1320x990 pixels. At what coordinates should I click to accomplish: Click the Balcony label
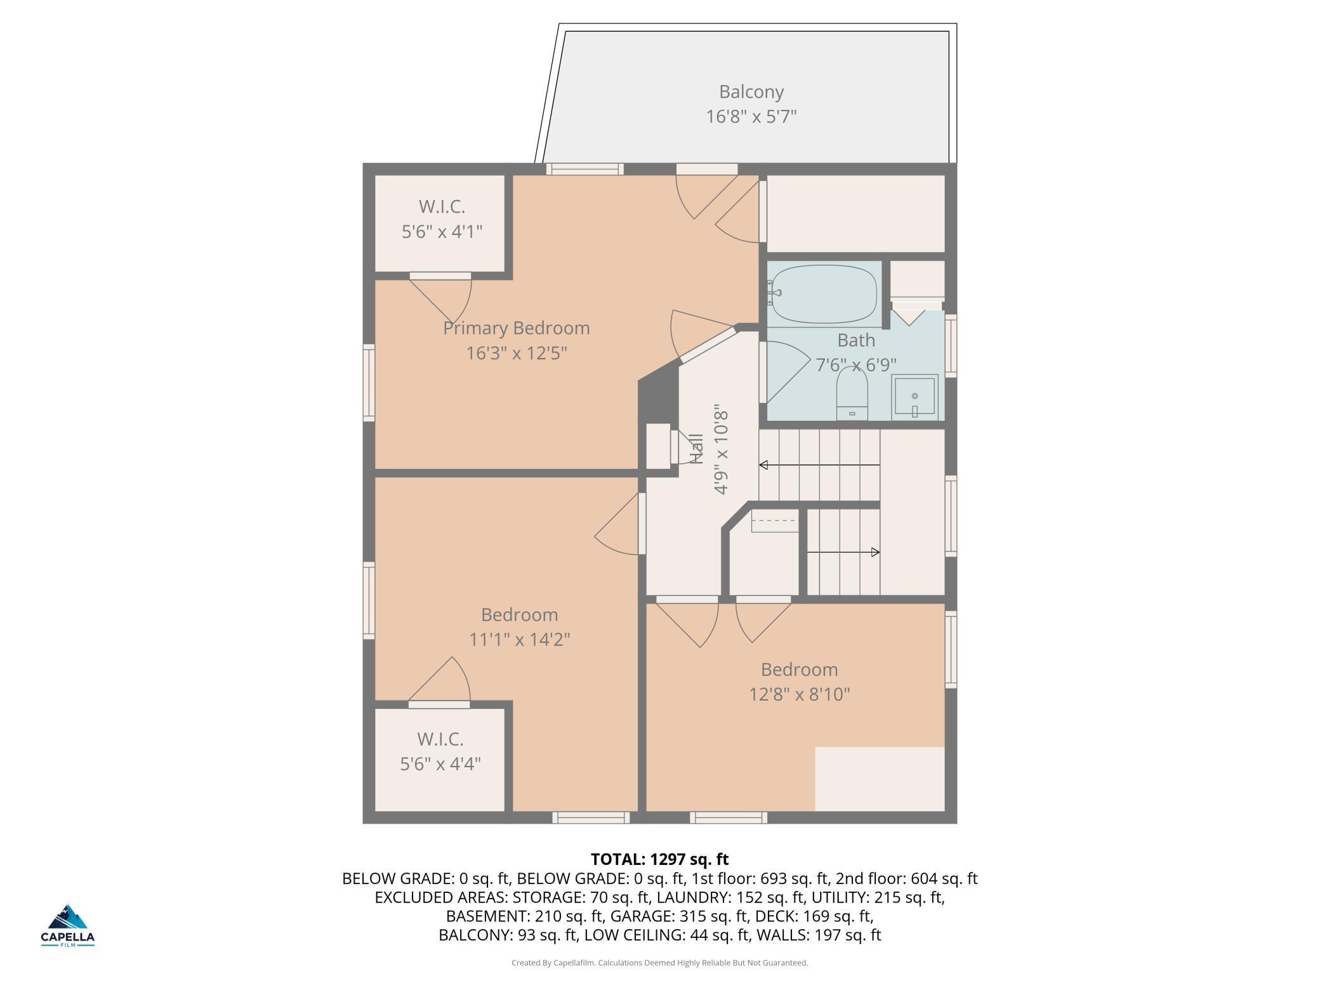pyautogui.click(x=751, y=92)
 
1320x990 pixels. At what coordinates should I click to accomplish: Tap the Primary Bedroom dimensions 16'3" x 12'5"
pyautogui.click(x=517, y=353)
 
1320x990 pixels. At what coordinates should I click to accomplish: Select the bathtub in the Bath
pyautogui.click(x=824, y=294)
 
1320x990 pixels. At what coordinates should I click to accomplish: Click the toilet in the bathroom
pyautogui.click(x=852, y=394)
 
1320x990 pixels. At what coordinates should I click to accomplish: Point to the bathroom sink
pyautogui.click(x=914, y=397)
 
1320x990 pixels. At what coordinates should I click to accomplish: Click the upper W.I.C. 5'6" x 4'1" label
pyautogui.click(x=442, y=219)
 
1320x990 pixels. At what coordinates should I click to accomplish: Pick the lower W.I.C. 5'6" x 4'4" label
pyautogui.click(x=440, y=751)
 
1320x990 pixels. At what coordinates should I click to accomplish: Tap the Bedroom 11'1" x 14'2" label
pyautogui.click(x=520, y=627)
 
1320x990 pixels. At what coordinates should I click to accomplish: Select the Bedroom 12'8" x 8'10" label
pyautogui.click(x=800, y=682)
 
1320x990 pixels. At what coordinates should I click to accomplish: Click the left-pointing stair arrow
pyautogui.click(x=819, y=465)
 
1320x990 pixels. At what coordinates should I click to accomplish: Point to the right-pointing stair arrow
pyautogui.click(x=843, y=552)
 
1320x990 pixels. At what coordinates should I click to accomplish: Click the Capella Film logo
pyautogui.click(x=68, y=925)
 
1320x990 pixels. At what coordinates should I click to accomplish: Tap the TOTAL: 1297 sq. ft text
pyautogui.click(x=660, y=859)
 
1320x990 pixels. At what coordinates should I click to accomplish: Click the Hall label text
pyautogui.click(x=697, y=449)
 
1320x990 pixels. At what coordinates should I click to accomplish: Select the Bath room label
pyautogui.click(x=856, y=340)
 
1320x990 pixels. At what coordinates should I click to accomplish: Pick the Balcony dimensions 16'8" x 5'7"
pyautogui.click(x=751, y=117)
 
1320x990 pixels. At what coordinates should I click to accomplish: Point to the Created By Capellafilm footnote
pyautogui.click(x=660, y=963)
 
